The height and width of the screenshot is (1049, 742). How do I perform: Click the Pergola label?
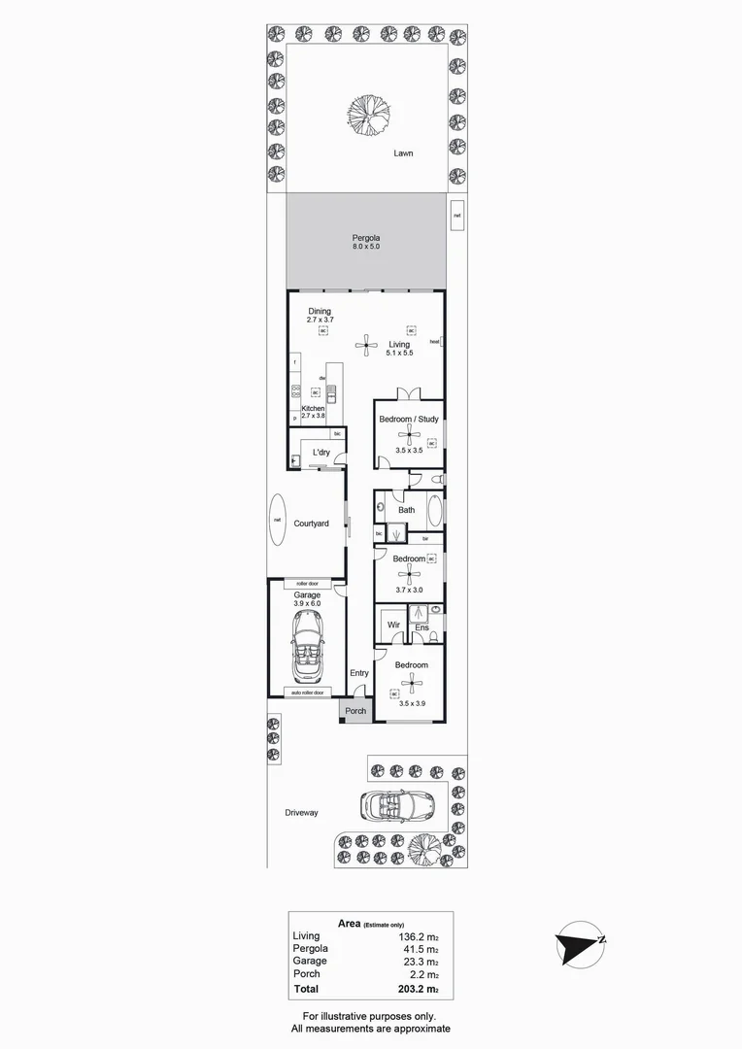coord(366,238)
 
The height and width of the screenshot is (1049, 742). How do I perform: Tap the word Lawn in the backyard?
coord(404,153)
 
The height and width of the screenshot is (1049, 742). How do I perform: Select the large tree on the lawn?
coord(369,114)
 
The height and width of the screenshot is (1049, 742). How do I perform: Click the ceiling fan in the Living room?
coord(366,341)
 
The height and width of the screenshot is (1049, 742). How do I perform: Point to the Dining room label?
coord(320,312)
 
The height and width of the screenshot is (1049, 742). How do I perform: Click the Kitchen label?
coord(313,409)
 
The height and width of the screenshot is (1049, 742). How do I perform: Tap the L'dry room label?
coord(321,454)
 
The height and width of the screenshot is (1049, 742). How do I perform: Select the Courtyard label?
coord(312,524)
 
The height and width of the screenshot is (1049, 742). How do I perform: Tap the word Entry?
coord(359,673)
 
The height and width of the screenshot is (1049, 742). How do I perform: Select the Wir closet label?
coord(394,625)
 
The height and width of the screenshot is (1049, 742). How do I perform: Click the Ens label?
coord(422,628)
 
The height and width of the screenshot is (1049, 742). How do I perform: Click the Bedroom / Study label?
coord(409,420)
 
